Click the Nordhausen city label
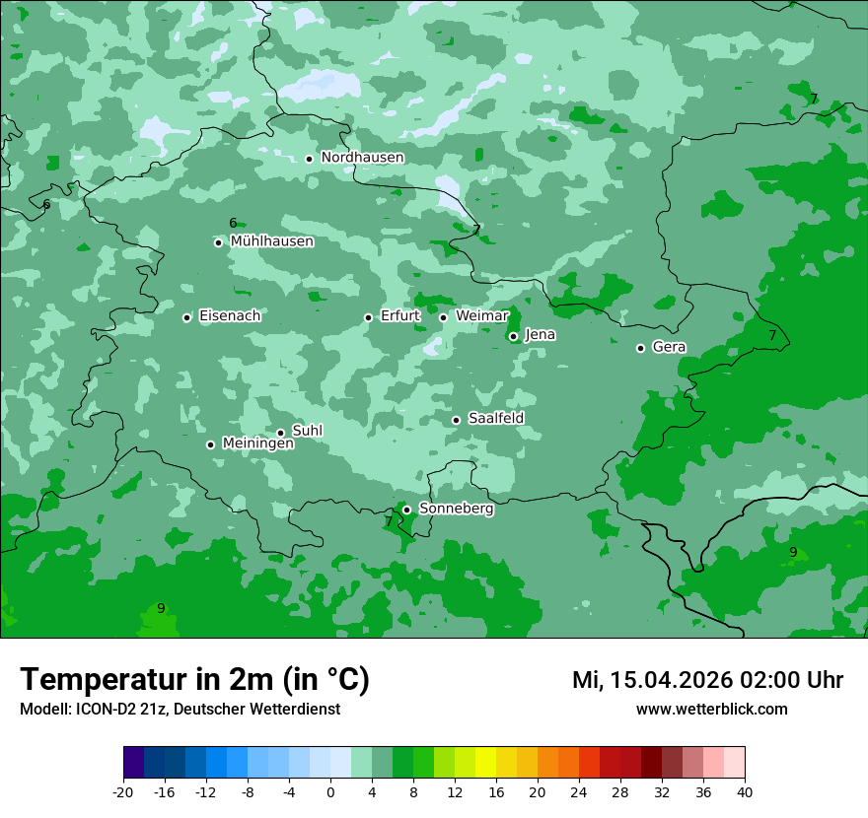point(362,158)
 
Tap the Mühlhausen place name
point(271,241)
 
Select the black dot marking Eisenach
point(186,317)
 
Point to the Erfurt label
point(399,316)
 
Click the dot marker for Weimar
point(443,317)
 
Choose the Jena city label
point(540,335)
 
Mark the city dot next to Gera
point(640,348)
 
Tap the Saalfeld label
point(495,419)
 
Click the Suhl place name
point(308,432)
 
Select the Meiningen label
point(257,444)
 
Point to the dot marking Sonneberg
point(406,510)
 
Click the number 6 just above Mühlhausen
point(233,224)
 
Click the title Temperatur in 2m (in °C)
point(194,680)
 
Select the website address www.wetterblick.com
point(711,710)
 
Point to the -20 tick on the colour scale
point(123,792)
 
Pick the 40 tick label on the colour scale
point(744,792)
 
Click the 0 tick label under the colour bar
point(330,792)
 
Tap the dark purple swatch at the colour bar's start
point(133,763)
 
